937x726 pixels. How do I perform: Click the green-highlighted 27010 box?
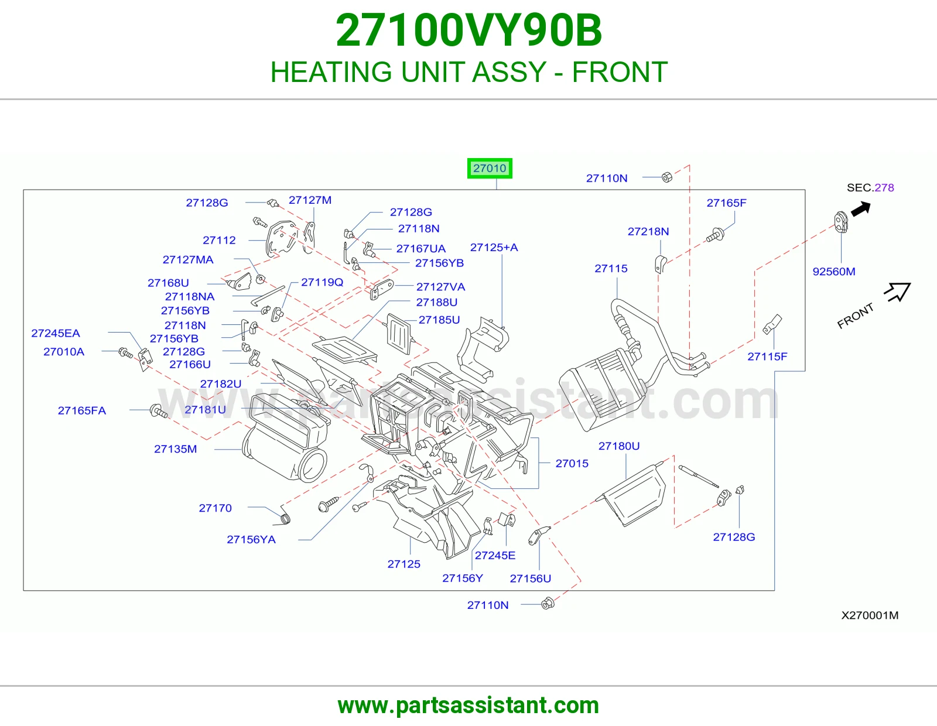[490, 168]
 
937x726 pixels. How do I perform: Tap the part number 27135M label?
[176, 449]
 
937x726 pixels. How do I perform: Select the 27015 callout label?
[572, 464]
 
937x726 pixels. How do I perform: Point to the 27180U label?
[619, 446]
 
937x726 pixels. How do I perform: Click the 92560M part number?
[834, 272]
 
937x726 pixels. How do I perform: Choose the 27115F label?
[767, 357]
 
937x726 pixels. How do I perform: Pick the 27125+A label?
[494, 248]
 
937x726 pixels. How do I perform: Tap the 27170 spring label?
[215, 508]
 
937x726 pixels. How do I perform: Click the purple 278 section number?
[884, 187]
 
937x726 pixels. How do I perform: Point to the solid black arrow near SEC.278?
[861, 210]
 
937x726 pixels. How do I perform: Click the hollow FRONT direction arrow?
[898, 292]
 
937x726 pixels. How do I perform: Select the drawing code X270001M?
[870, 615]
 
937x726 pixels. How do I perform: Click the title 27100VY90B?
[468, 30]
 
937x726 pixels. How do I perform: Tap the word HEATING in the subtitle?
[331, 71]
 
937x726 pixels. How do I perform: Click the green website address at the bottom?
[468, 706]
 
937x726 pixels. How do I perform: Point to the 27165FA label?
[82, 410]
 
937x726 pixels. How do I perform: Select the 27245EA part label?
[56, 333]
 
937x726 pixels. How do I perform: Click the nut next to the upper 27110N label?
[666, 177]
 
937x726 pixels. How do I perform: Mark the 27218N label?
[648, 231]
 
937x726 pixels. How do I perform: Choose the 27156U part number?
[531, 578]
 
